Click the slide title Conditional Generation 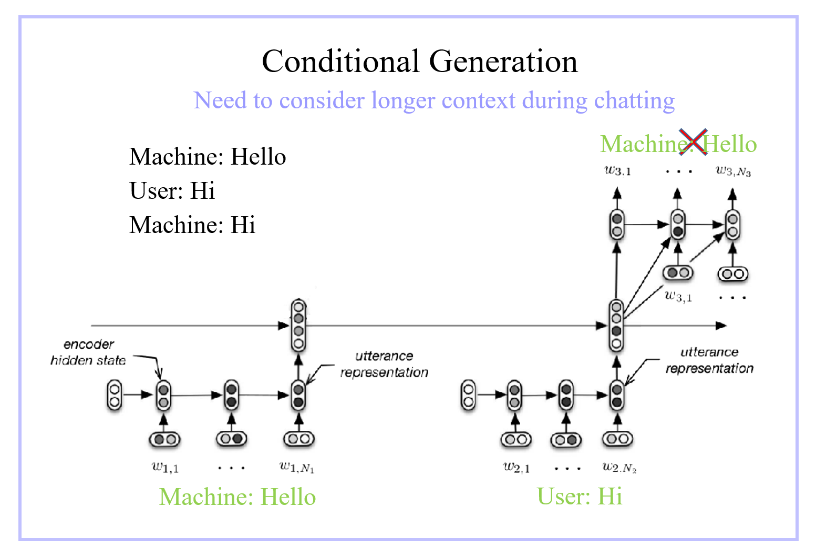419,61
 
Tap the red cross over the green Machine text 693,142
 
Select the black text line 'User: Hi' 172,190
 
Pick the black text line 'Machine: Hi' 192,225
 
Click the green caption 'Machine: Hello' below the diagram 237,497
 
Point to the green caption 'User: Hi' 579,496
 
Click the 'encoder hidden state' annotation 88,352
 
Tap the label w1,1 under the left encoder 164,467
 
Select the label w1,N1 297,467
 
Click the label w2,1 516,467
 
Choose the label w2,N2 619,467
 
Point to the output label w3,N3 733,170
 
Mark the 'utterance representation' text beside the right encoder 709,360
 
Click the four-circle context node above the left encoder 298,325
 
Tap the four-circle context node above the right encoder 616,325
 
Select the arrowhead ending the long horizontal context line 722,326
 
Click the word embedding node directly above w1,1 164,439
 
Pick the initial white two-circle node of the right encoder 468,396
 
